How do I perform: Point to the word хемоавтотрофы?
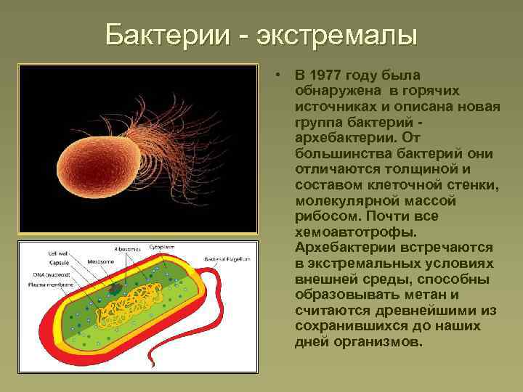pyautogui.click(x=346, y=232)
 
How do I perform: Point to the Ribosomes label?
pyautogui.click(x=129, y=248)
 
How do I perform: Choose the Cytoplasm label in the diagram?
pyautogui.click(x=161, y=248)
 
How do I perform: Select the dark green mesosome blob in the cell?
pyautogui.click(x=115, y=289)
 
